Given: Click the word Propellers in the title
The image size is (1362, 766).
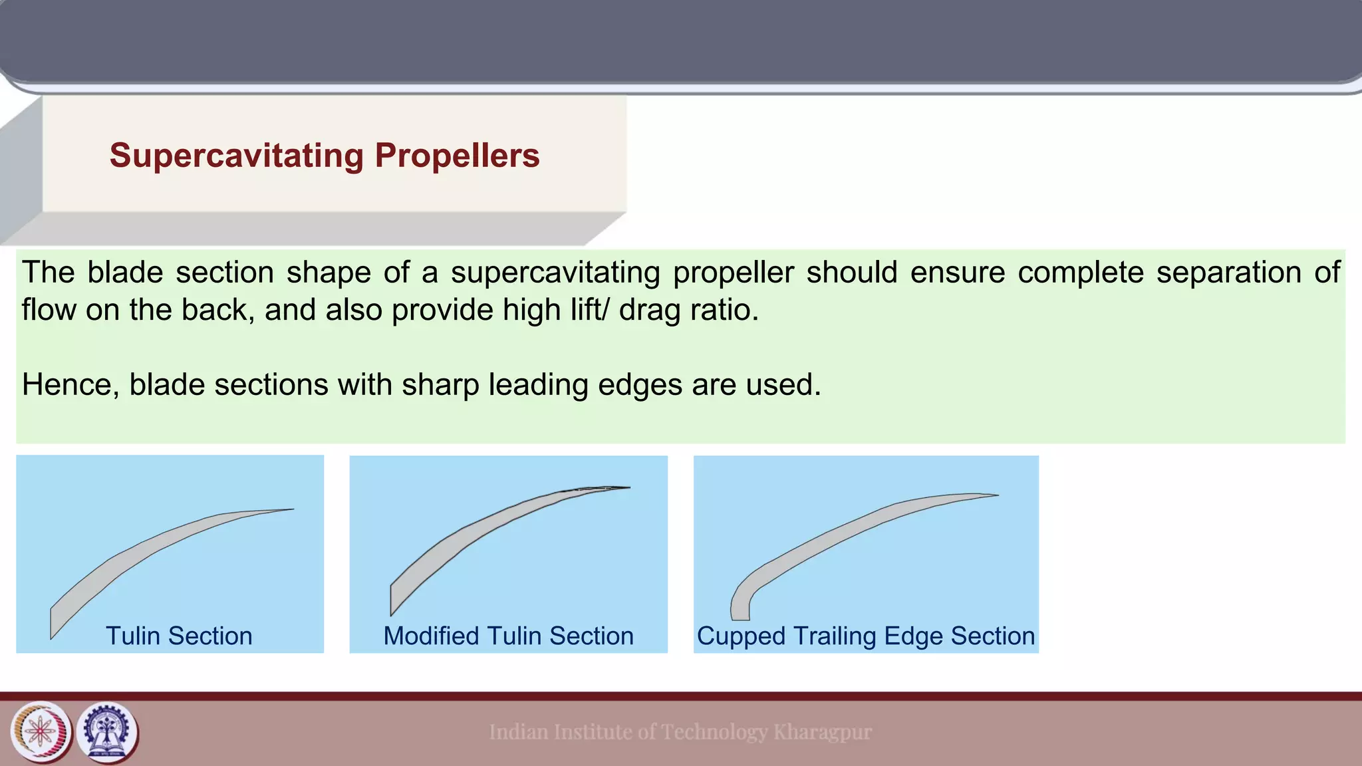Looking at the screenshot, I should (457, 156).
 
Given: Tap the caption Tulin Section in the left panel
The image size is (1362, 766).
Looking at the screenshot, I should (179, 636).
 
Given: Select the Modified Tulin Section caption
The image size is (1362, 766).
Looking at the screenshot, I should (508, 636).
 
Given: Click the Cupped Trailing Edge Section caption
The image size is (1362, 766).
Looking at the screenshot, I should (865, 636).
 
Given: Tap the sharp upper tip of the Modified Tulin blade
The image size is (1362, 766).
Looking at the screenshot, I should (625, 488).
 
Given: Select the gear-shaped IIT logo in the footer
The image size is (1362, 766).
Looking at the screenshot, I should (108, 732).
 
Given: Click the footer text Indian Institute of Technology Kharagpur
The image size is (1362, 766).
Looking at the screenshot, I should (680, 732).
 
